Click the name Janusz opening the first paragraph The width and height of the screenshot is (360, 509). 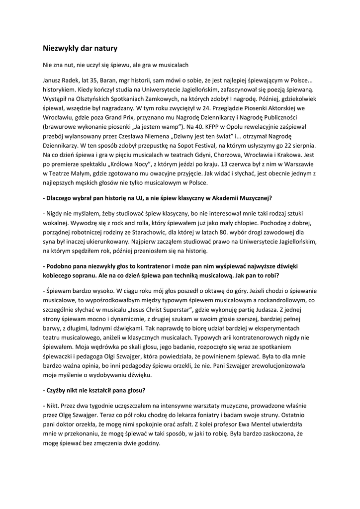pos(54,80)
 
